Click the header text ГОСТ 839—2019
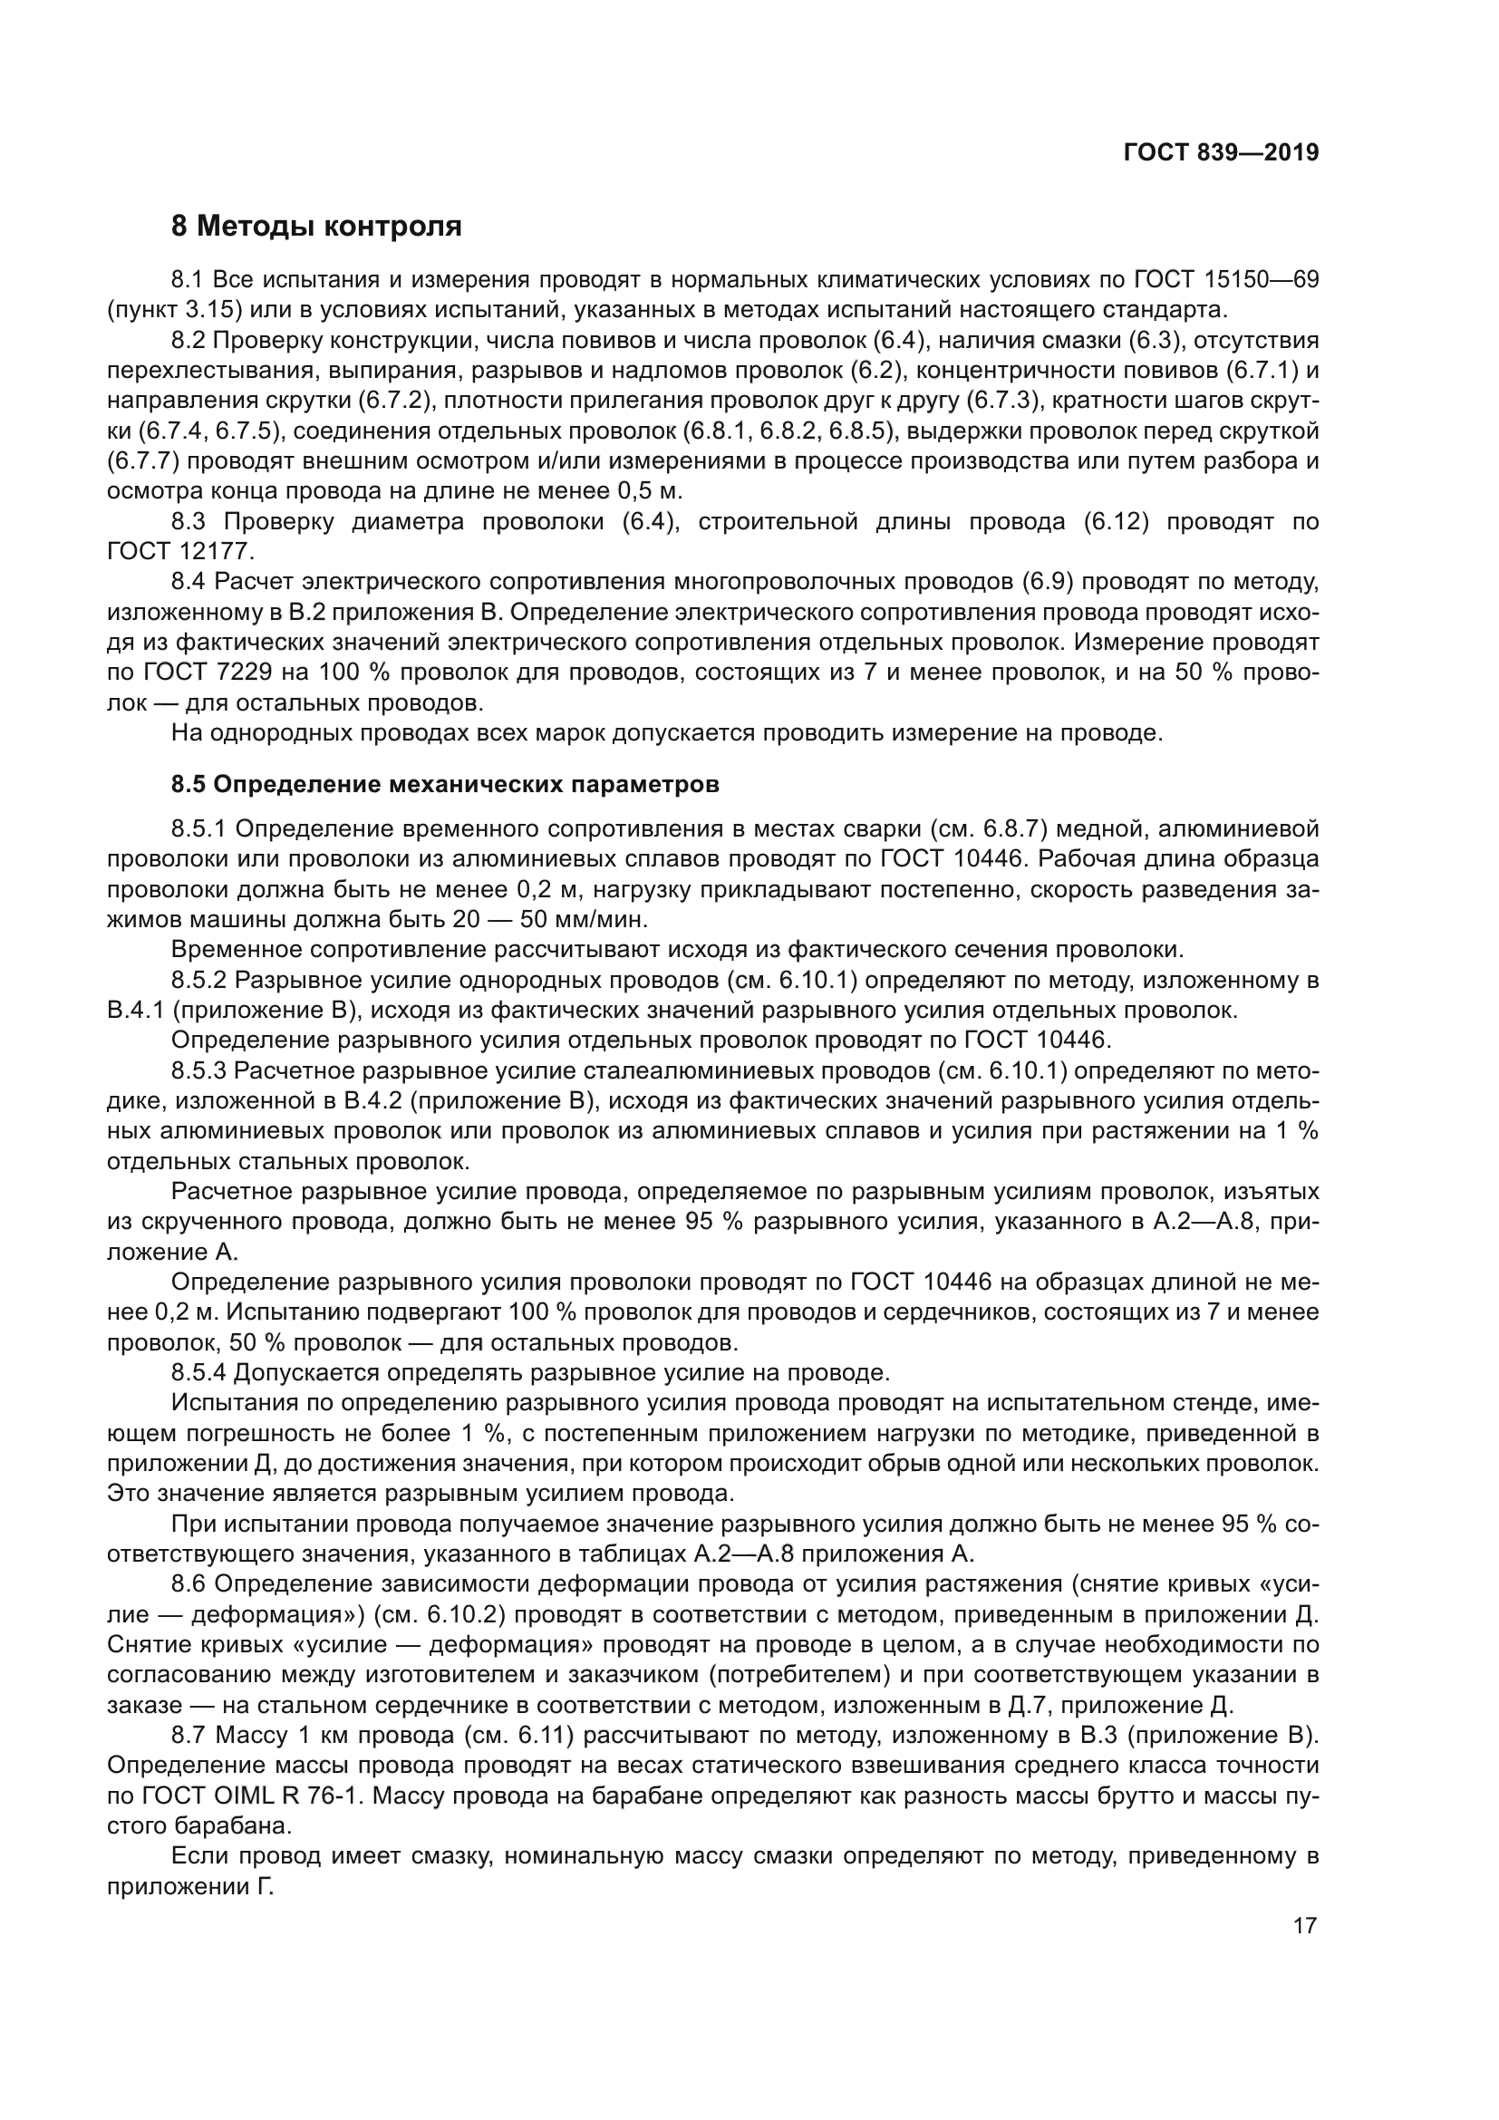point(1220,152)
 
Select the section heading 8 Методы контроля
point(315,226)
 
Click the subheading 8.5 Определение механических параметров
point(444,785)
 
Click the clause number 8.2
point(189,340)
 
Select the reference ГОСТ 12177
point(179,551)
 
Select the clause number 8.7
point(189,1736)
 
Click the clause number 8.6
point(189,1584)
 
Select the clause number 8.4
point(189,582)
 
